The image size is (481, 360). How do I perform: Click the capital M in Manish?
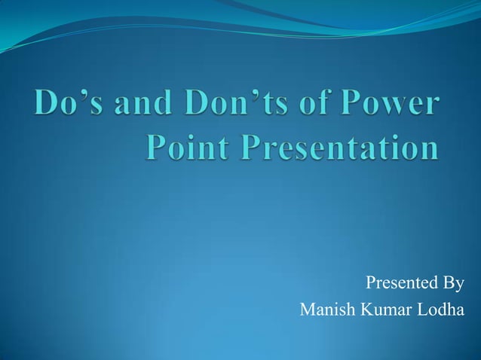click(306, 310)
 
